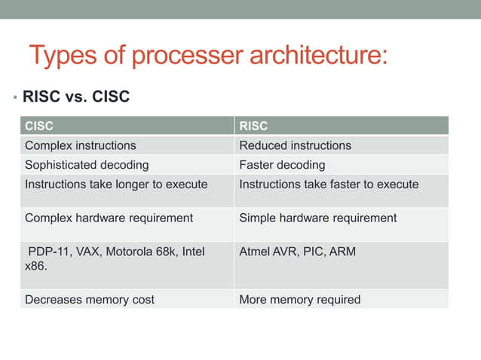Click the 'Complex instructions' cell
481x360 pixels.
(81, 145)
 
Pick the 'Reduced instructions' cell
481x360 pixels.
(295, 145)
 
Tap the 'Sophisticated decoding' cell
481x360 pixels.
(87, 165)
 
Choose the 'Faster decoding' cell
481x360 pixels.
(282, 165)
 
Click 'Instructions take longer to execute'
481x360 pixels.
(116, 185)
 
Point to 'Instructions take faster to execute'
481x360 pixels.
(329, 185)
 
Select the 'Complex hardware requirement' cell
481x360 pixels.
(109, 218)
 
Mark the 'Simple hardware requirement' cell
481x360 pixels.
(317, 218)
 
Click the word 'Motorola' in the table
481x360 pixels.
(130, 252)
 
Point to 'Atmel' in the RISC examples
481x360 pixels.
(256, 252)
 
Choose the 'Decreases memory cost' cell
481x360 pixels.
(90, 300)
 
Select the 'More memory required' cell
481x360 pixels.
(299, 300)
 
